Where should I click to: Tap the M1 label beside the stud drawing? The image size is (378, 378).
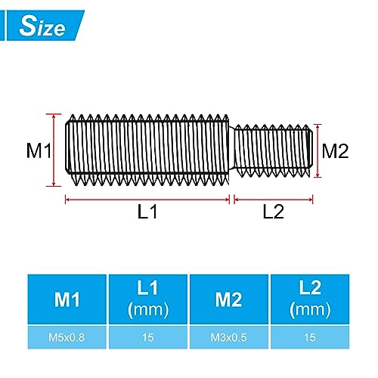click(38, 150)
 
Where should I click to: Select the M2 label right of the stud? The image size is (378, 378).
click(334, 150)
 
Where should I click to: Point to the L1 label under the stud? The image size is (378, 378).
click(147, 212)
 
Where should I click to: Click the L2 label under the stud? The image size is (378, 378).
click(273, 212)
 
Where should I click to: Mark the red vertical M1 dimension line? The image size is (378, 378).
click(54, 150)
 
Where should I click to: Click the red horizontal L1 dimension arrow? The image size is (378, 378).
click(147, 200)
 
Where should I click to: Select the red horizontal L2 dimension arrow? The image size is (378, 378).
click(273, 200)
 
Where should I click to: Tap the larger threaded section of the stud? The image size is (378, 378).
click(147, 150)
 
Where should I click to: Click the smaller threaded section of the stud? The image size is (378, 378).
click(273, 150)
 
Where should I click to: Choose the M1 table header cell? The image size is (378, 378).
click(67, 299)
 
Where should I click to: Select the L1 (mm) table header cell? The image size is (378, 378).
click(147, 299)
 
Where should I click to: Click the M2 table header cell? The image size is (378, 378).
click(228, 299)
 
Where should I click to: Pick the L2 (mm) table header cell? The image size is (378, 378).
click(309, 299)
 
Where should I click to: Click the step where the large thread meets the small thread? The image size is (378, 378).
click(232, 150)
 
